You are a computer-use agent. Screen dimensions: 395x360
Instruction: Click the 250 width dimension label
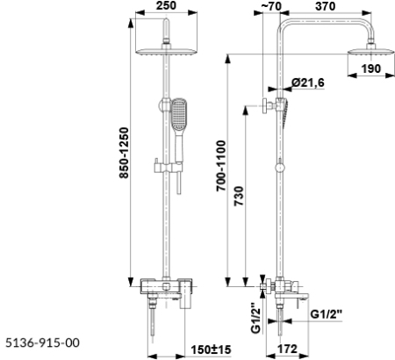pos(166,5)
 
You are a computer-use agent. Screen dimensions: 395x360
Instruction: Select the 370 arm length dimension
pos(326,6)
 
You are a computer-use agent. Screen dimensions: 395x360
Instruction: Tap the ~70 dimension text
pos(270,6)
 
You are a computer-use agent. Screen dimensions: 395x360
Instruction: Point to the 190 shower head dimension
pos(371,68)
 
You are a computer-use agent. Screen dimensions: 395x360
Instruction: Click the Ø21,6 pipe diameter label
pos(308,83)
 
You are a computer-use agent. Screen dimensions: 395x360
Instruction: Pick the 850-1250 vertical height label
pos(124,153)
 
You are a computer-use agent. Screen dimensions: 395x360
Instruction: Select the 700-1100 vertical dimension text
pos(221,166)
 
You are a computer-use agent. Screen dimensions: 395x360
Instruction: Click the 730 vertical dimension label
pos(239,196)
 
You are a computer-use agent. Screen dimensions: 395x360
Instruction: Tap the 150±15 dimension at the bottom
pos(211,349)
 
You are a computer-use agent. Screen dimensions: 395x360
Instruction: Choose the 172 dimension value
pos(287,349)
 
